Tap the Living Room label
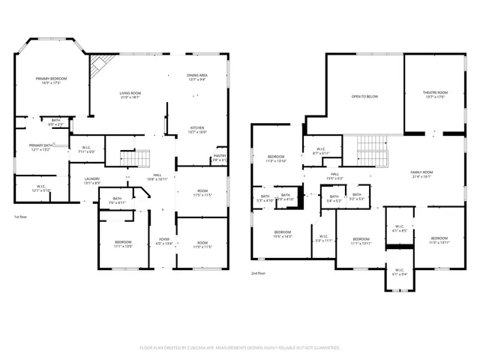pyautogui.click(x=130, y=94)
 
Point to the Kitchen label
pyautogui.click(x=197, y=129)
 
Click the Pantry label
pyautogui.click(x=219, y=157)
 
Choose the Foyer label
pyautogui.click(x=163, y=241)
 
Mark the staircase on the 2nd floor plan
pyautogui.click(x=373, y=150)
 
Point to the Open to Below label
pyautogui.click(x=364, y=97)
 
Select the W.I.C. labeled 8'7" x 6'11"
pyautogui.click(x=320, y=151)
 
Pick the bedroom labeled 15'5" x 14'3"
pyautogui.click(x=283, y=234)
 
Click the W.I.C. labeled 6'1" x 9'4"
pyautogui.click(x=398, y=273)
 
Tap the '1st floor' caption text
pyautogui.click(x=22, y=217)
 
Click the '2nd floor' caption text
pyautogui.click(x=258, y=274)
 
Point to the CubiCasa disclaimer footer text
pyautogui.click(x=240, y=347)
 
